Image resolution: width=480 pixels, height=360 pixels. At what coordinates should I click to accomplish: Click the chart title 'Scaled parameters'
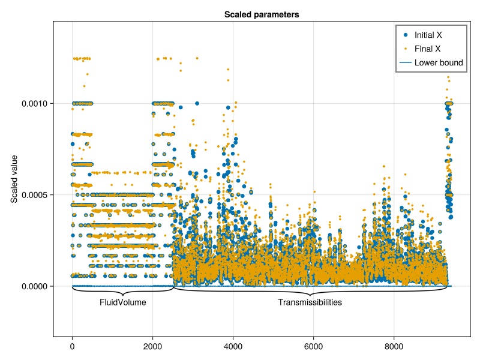[261, 14]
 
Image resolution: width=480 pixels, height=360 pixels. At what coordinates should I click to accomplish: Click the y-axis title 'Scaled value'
[14, 179]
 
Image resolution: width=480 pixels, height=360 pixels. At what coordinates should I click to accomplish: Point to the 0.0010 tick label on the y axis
[35, 104]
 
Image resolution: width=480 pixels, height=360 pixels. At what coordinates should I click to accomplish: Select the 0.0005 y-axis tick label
[35, 195]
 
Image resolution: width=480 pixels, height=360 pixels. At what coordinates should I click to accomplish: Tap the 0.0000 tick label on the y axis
[35, 286]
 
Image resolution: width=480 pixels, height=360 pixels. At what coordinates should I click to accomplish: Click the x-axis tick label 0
[73, 346]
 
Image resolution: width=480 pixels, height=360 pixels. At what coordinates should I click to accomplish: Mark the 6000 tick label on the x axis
[314, 346]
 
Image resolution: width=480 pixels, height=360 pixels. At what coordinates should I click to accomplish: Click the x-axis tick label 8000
[394, 346]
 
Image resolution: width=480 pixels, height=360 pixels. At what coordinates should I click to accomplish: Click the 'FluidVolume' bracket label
[123, 303]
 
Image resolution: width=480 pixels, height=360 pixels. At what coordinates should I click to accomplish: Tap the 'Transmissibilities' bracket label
[310, 303]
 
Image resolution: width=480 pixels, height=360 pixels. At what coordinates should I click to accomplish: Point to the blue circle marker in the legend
[405, 35]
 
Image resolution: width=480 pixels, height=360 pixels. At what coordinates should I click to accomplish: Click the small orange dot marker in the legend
[405, 49]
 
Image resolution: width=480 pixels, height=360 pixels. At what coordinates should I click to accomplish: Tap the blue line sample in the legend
[405, 62]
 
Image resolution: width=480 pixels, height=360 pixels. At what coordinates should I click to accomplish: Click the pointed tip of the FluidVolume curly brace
[123, 295]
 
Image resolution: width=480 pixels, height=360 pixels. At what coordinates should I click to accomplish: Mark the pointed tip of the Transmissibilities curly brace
[310, 295]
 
